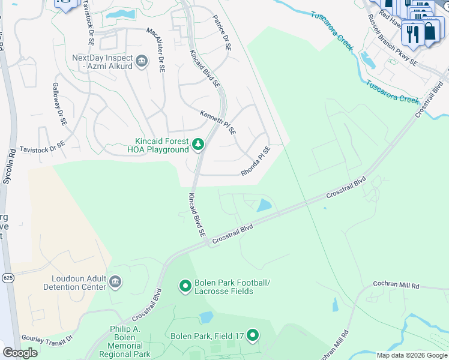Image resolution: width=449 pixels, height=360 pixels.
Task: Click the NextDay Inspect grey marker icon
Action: click(142, 62)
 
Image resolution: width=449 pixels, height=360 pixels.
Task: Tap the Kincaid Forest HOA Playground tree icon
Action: click(198, 145)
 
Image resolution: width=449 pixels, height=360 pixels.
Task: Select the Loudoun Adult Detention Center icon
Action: click(115, 281)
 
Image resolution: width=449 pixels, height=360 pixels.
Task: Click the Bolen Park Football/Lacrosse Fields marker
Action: click(185, 286)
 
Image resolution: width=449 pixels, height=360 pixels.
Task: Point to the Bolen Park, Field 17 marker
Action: click(253, 335)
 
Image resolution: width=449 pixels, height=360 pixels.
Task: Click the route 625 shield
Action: click(7, 277)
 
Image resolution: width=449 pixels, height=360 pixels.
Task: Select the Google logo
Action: click(20, 353)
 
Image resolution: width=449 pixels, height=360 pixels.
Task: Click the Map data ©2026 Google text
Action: click(412, 355)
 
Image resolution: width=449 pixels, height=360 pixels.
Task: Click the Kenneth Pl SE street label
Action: click(218, 122)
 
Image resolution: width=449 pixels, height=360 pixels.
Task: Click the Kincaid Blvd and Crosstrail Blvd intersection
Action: click(206, 241)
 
